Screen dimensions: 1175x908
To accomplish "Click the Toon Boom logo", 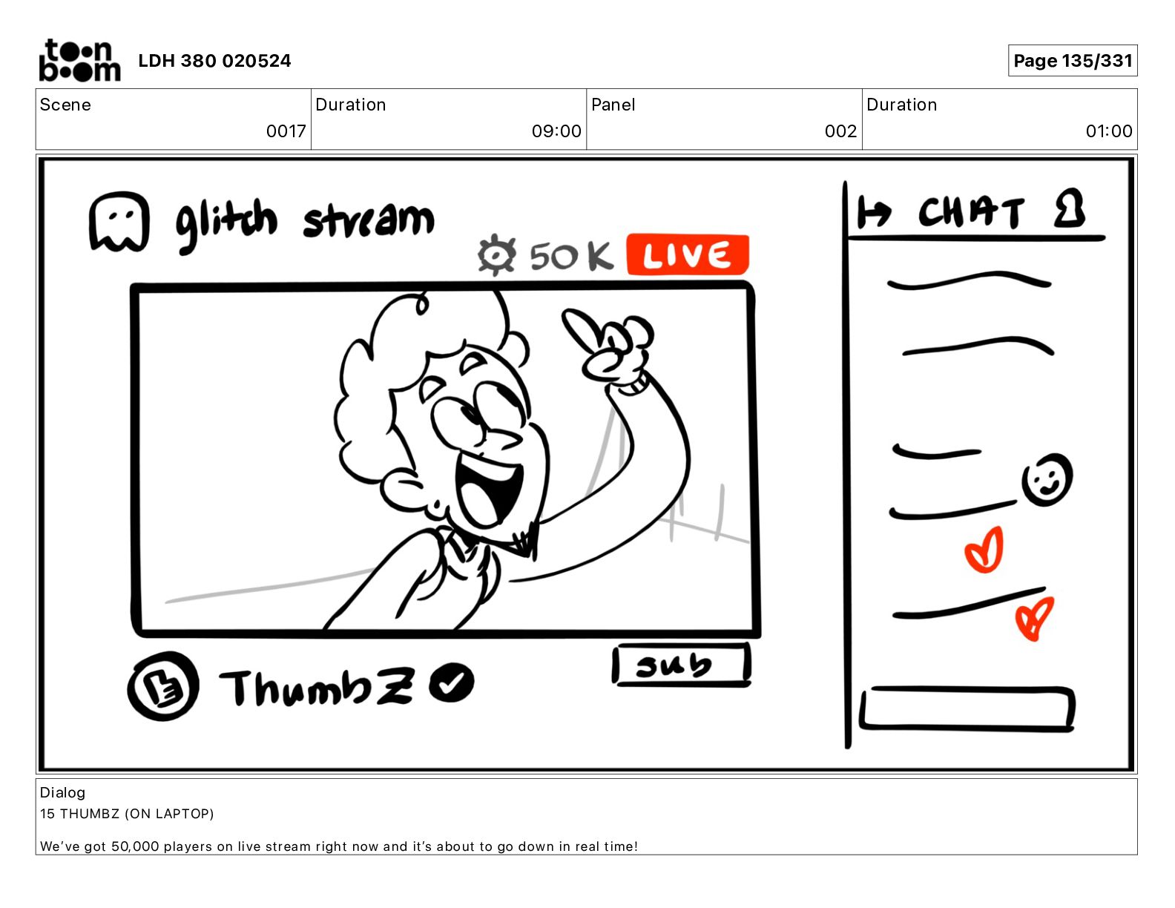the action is tap(79, 60).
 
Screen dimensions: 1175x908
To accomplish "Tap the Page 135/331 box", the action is tap(1073, 61).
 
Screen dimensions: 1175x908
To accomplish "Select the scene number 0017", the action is tap(286, 131).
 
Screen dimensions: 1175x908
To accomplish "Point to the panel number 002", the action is tap(840, 131).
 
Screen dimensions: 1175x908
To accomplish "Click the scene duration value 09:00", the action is tap(556, 131).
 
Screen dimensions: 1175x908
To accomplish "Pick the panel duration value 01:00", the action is tap(1108, 131).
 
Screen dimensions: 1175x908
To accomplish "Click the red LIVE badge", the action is tap(688, 254).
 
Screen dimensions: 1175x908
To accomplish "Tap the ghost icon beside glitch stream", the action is tap(119, 223).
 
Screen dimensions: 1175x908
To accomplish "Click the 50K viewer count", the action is tap(571, 256).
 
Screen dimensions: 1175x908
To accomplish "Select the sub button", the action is tap(681, 665).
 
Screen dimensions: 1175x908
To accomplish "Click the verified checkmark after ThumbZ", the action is tap(452, 682).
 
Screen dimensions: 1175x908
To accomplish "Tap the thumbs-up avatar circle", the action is tap(163, 685).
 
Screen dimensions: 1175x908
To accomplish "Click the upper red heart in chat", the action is tap(984, 550).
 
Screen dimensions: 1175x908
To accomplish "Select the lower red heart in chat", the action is tap(1034, 619).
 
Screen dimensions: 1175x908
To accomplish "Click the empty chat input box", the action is tap(967, 709).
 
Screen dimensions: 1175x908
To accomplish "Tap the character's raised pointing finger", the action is tap(582, 328).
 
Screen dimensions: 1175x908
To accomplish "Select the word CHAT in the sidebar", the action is tap(970, 211).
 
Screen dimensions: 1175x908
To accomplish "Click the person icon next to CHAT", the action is tap(1070, 208).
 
